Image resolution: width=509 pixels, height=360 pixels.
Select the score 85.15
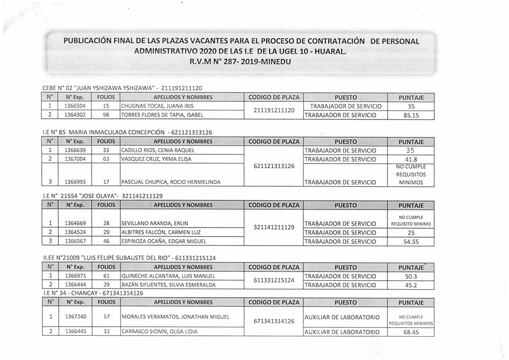(419, 115)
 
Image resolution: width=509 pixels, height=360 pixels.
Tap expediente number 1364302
(75, 115)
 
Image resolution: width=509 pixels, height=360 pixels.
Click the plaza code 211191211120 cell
(274, 110)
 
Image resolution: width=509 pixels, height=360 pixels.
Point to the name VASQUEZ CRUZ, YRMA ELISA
(156, 159)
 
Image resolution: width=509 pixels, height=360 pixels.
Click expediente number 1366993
(75, 182)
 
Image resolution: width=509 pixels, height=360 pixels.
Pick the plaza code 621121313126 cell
(274, 166)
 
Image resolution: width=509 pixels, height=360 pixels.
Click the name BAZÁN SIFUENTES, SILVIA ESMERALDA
(169, 285)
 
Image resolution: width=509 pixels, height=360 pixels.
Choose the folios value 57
(106, 317)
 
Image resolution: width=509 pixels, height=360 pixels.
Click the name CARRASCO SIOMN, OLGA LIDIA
(158, 332)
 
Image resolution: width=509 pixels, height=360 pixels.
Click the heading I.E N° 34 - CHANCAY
(93, 293)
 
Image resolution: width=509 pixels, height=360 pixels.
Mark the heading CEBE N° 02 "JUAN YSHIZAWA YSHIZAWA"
(122, 88)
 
